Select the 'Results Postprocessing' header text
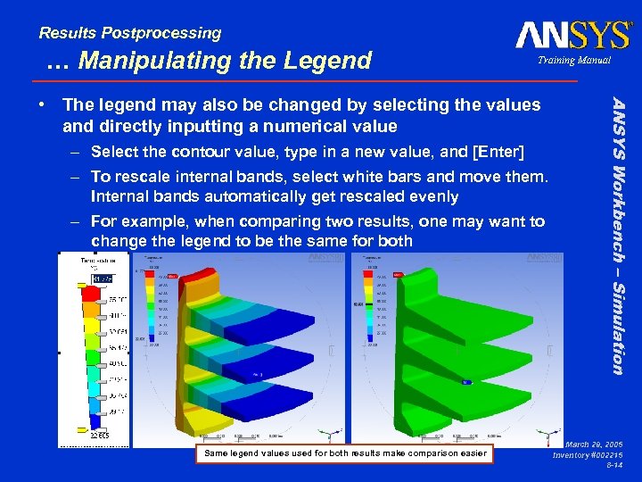130,33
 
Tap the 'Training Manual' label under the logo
573,60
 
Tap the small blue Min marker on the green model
465,381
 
